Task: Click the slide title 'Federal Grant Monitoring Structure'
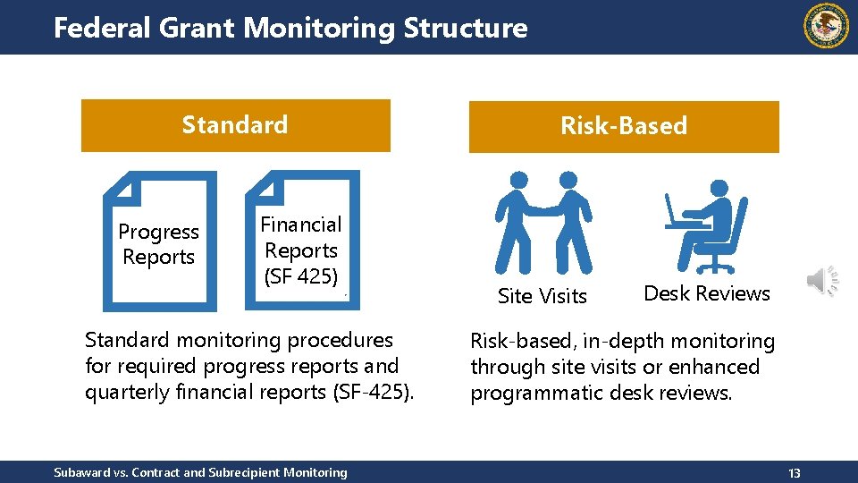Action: point(290,28)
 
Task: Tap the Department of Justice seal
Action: point(828,26)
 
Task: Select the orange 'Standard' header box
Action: point(236,125)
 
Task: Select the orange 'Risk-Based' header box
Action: point(624,126)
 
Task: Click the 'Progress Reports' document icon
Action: point(160,240)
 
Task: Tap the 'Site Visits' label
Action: point(543,296)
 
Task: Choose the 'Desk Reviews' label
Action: point(707,293)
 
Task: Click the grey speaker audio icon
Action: point(822,281)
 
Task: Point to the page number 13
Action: point(795,472)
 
